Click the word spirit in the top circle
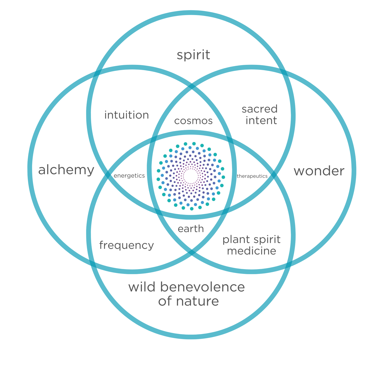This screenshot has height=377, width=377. (193, 55)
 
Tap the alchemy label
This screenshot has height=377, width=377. (66, 170)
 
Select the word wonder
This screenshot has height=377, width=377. (319, 171)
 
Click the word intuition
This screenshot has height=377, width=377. (127, 115)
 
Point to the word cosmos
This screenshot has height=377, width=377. (193, 121)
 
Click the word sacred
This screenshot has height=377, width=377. (260, 109)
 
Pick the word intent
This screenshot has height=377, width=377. (261, 121)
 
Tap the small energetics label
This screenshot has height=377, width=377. (129, 176)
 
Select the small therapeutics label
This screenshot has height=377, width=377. (252, 176)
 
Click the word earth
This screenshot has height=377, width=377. (191, 229)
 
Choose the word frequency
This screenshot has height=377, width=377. (126, 245)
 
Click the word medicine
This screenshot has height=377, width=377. (252, 251)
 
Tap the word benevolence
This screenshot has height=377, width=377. (202, 287)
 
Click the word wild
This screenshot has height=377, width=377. (142, 287)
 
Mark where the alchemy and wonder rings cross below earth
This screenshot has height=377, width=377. (192, 252)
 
